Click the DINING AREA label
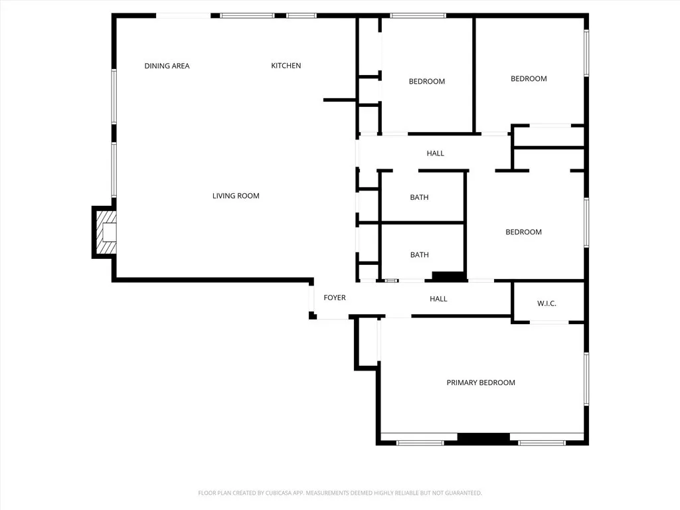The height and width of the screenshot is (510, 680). (167, 66)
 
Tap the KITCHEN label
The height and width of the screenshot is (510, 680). (286, 66)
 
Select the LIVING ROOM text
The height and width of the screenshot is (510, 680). (236, 196)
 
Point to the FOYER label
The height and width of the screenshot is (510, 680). (335, 298)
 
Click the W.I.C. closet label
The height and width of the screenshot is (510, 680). (547, 303)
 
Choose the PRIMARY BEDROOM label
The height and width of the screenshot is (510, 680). (481, 382)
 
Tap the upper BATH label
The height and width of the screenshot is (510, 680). (419, 197)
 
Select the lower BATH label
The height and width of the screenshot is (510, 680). (419, 255)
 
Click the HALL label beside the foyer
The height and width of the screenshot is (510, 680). (438, 299)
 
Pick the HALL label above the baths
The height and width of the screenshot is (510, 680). (435, 153)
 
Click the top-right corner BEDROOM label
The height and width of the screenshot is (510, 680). (529, 78)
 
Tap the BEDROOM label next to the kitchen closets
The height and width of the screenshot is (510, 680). (426, 82)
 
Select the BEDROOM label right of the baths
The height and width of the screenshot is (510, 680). (523, 232)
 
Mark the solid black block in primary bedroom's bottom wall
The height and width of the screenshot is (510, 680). (483, 439)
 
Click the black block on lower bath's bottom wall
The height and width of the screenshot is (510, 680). (449, 276)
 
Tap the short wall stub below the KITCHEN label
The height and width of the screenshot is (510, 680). (339, 100)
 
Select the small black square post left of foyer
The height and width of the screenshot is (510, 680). (312, 315)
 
